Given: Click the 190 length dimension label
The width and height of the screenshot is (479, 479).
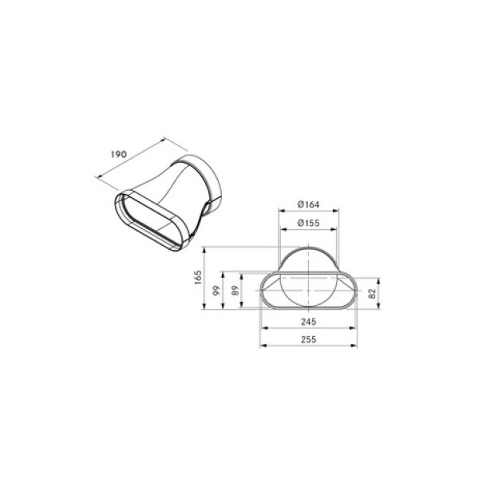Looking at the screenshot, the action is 118,154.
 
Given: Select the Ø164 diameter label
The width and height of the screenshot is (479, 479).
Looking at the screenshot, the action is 308,204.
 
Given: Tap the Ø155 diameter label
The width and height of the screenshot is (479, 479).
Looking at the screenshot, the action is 308,223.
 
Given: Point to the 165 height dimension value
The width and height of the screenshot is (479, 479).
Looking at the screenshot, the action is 198,277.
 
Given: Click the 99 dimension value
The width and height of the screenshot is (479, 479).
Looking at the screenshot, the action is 216,291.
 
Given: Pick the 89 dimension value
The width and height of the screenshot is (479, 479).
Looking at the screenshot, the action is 236,291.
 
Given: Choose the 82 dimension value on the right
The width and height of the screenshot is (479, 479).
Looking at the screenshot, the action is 372,294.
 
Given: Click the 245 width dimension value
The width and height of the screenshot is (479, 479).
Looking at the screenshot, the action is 308,322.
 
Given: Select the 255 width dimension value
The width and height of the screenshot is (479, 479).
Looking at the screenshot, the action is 308,339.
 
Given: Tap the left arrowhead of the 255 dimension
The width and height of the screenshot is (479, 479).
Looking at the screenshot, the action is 263,346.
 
